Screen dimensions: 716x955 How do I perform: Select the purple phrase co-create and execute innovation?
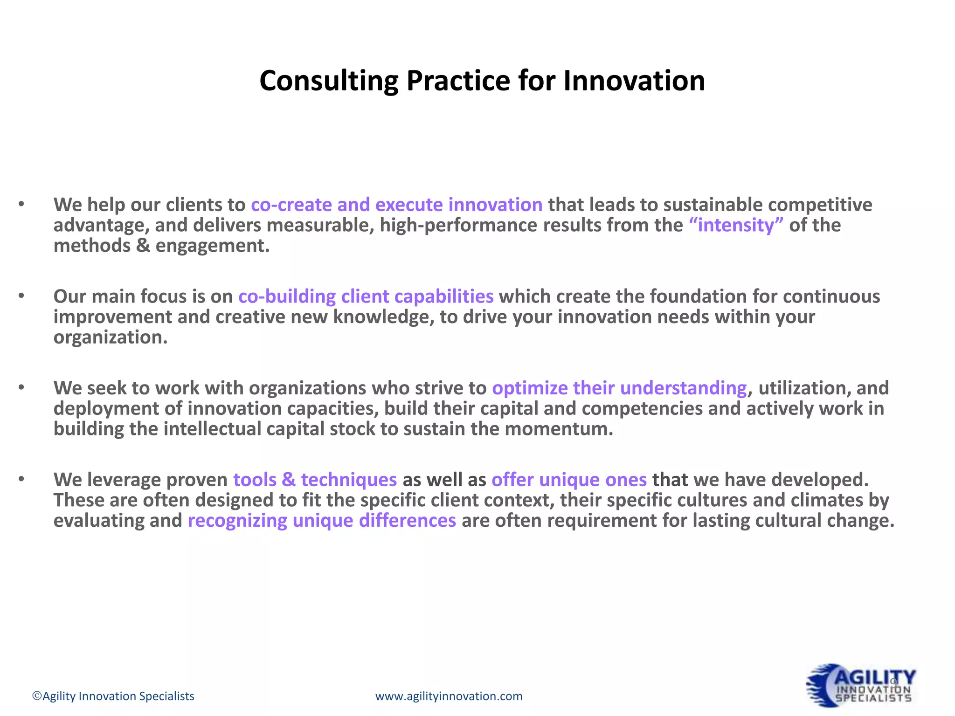click(x=396, y=205)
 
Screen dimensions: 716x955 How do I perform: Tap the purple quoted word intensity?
click(x=736, y=226)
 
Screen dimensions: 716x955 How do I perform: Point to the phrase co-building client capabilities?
click(x=366, y=297)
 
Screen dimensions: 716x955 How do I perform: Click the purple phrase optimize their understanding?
click(x=619, y=388)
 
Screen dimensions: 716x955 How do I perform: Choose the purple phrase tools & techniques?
click(x=315, y=480)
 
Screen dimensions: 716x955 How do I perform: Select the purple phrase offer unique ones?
click(x=569, y=480)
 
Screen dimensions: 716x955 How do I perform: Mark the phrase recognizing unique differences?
click(x=322, y=521)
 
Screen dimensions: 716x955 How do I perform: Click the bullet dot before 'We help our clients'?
click(x=21, y=204)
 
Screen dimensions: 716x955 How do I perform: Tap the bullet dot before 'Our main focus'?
click(x=21, y=296)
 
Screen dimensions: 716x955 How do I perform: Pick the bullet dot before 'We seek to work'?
click(x=21, y=387)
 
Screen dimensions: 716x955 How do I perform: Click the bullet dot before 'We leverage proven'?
click(x=21, y=479)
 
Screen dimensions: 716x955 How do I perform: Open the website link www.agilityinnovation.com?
click(x=449, y=696)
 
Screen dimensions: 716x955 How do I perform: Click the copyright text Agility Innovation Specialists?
click(x=113, y=696)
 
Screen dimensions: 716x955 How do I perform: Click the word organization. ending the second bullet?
click(x=111, y=337)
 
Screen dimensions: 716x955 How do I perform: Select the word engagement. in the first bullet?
click(x=212, y=246)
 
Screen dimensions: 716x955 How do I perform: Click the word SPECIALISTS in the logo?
click(x=873, y=698)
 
